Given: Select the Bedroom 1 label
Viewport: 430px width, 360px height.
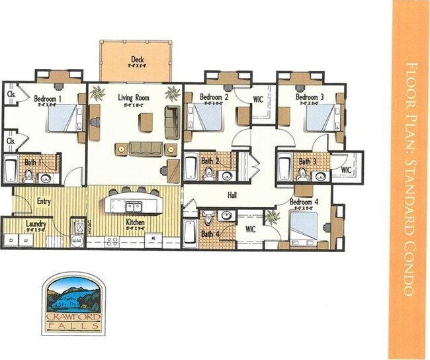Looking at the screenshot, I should pyautogui.click(x=48, y=99).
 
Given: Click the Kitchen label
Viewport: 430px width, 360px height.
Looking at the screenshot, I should pyautogui.click(x=135, y=222).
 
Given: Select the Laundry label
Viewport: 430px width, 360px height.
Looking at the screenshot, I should pyautogui.click(x=36, y=224).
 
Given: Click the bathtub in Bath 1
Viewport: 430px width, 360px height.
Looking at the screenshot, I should pyautogui.click(x=11, y=169).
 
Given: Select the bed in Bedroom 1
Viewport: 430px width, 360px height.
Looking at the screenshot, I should pyautogui.click(x=63, y=122).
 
